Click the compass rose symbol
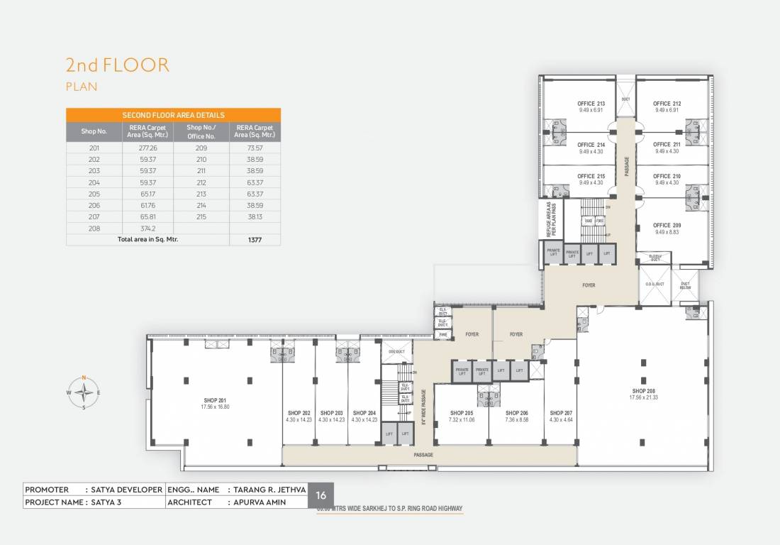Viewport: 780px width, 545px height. tap(84, 392)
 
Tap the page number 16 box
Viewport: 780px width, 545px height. tap(321, 495)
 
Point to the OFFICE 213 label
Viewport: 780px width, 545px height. tap(591, 104)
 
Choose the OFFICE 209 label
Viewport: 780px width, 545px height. tap(667, 226)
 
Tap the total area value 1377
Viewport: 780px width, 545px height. tap(255, 241)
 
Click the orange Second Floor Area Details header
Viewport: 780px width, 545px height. tap(173, 115)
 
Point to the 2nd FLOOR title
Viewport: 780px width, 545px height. tap(118, 65)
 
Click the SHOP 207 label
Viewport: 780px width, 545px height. tap(560, 412)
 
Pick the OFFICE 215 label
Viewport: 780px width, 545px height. tap(591, 176)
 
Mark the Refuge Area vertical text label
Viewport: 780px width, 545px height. tap(552, 219)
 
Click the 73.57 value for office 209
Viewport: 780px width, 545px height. tap(255, 148)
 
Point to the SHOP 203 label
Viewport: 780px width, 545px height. tap(331, 412)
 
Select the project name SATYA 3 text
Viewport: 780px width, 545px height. tap(106, 502)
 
